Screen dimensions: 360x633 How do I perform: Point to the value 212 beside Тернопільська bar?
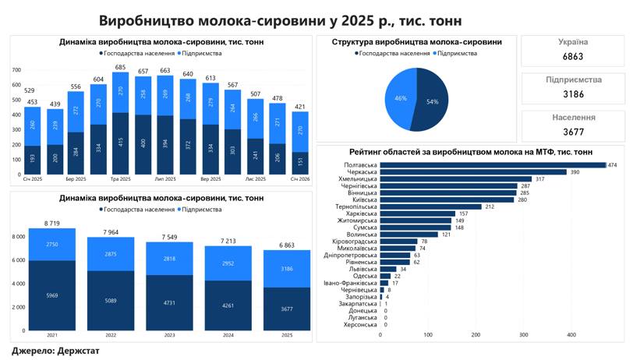point(489,206)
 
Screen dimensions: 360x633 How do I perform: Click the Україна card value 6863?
point(573,57)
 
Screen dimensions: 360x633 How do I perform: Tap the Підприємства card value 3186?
point(573,94)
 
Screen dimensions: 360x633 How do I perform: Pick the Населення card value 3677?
point(573,132)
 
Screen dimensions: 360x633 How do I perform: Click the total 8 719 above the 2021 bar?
point(51,224)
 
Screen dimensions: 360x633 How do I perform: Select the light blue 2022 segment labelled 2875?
point(111,254)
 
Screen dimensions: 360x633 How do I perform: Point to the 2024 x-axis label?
point(228,335)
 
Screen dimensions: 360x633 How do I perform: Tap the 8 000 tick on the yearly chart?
point(19,237)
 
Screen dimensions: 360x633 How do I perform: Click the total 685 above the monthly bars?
point(120,68)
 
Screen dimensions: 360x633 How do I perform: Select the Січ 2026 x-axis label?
point(300,179)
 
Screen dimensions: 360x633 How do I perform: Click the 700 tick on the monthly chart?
point(16,71)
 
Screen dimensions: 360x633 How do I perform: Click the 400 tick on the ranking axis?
point(571,335)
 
